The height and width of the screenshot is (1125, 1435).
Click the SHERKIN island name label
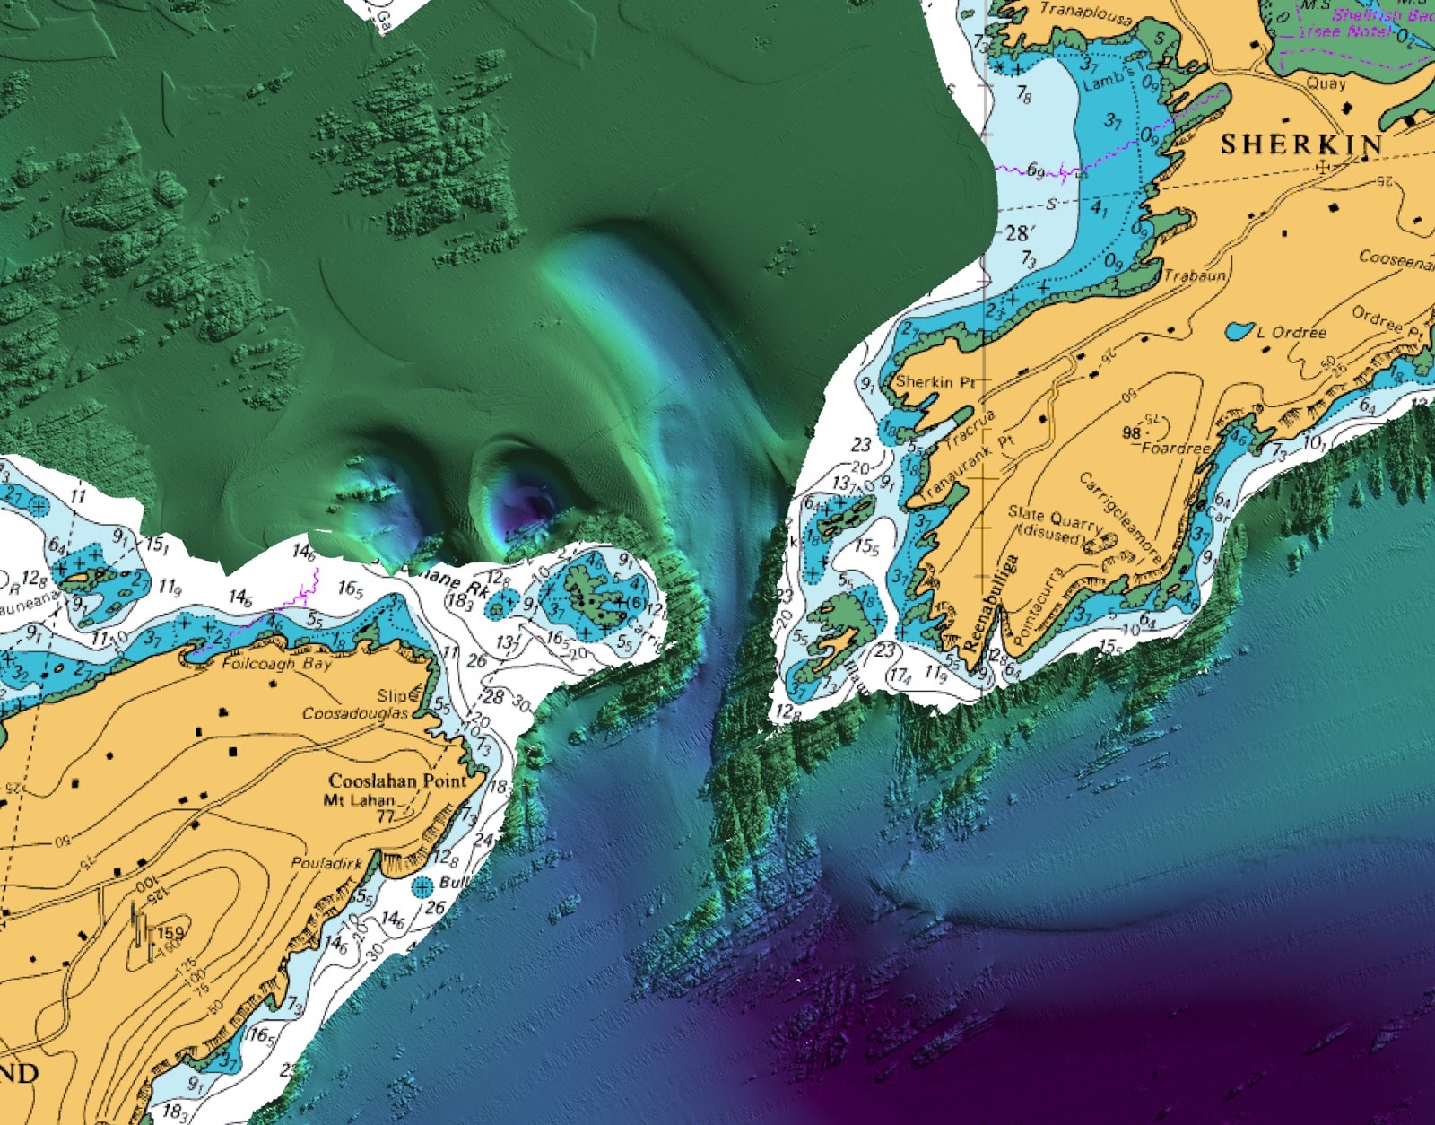coord(1301,144)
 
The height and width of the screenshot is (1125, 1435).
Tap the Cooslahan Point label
coord(398,781)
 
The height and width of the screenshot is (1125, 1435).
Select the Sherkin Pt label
coord(935,381)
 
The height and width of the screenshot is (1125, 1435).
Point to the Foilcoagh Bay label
coord(276,664)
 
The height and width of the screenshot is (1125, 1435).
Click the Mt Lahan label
coord(359,799)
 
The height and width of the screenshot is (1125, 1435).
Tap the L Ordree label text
coord(1291,332)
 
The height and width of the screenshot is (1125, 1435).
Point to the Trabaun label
coord(1196,275)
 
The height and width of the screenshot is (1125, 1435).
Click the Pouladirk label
coord(326,863)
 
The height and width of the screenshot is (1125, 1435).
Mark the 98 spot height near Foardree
coord(1132,432)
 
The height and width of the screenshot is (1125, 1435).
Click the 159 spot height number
coord(170,933)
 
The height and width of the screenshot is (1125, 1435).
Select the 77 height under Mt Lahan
coord(386,816)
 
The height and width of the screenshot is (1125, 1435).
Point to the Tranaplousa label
coord(1086,14)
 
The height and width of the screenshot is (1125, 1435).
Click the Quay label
coord(1326,83)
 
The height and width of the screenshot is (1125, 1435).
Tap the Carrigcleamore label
coord(1120,519)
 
